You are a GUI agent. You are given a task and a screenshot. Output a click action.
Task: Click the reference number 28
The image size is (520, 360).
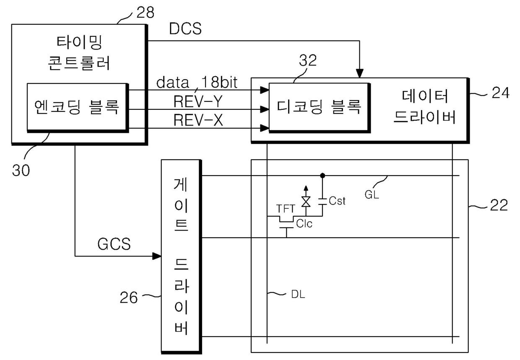(146, 12)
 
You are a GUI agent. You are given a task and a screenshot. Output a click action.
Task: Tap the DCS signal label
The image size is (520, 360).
(185, 29)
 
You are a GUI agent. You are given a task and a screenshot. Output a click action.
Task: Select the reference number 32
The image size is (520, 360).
(307, 60)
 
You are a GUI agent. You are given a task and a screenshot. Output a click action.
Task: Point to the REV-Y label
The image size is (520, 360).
(198, 101)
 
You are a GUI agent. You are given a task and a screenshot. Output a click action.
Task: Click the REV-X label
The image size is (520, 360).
(198, 120)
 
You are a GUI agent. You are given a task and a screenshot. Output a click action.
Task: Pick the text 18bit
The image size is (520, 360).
(219, 82)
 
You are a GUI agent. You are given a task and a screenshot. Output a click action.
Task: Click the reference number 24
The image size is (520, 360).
(501, 93)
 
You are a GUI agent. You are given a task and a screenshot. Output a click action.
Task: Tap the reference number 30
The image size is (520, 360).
(21, 170)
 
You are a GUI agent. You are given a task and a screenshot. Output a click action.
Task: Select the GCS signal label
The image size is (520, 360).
(114, 244)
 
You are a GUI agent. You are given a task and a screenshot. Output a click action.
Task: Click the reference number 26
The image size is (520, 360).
(129, 298)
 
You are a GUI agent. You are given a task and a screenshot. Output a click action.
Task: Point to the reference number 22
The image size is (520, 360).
(499, 205)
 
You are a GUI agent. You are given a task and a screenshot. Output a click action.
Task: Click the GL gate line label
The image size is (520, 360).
(372, 194)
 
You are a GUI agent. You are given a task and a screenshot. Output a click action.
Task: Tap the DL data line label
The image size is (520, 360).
(298, 295)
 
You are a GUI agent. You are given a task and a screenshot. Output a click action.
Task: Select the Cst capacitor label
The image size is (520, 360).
(337, 201)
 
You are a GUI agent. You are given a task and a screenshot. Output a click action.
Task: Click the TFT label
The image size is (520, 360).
(285, 209)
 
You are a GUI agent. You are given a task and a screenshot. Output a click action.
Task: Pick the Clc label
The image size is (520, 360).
(304, 224)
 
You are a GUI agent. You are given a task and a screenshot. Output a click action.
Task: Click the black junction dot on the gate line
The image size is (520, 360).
(322, 176)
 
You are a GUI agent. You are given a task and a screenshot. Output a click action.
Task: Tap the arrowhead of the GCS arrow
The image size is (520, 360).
(157, 256)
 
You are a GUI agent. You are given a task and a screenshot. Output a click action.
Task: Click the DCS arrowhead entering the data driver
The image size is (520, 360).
(359, 73)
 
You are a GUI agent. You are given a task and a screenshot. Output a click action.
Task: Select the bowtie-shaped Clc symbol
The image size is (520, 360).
(306, 202)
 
